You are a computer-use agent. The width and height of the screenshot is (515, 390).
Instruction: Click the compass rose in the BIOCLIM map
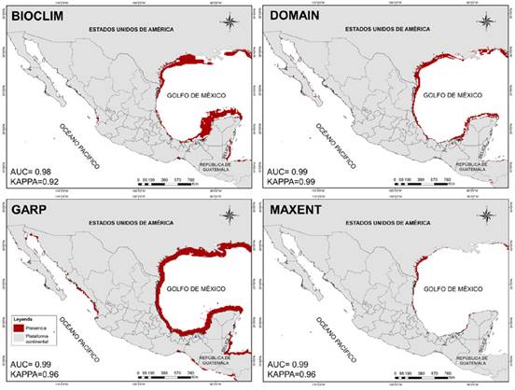[x=230, y=21]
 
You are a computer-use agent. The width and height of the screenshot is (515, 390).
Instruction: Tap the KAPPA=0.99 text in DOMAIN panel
[x=294, y=184]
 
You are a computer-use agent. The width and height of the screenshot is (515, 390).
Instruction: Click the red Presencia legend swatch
[x=20, y=327]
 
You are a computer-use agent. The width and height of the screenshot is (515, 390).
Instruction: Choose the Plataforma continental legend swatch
[x=20, y=339]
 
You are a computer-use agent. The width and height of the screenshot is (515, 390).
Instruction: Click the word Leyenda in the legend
[x=21, y=316]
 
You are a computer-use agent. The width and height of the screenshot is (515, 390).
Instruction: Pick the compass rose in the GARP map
[x=230, y=216]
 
